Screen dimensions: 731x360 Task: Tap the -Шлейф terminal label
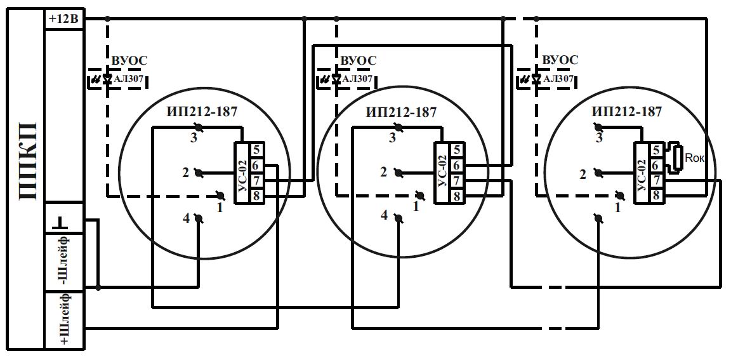click(64, 262)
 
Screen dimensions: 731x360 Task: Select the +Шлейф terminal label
click(64, 319)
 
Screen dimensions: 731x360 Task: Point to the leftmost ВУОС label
click(129, 60)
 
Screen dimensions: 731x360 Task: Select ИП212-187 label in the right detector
click(627, 112)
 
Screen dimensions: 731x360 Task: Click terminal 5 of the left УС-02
click(256, 150)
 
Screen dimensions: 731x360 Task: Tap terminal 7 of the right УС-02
click(656, 180)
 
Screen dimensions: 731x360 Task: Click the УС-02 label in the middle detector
click(442, 173)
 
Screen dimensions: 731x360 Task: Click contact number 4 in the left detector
click(186, 219)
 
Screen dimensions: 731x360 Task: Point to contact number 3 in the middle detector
click(392, 138)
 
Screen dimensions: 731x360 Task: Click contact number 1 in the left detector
click(220, 208)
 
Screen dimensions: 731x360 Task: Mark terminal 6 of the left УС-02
click(256, 165)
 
